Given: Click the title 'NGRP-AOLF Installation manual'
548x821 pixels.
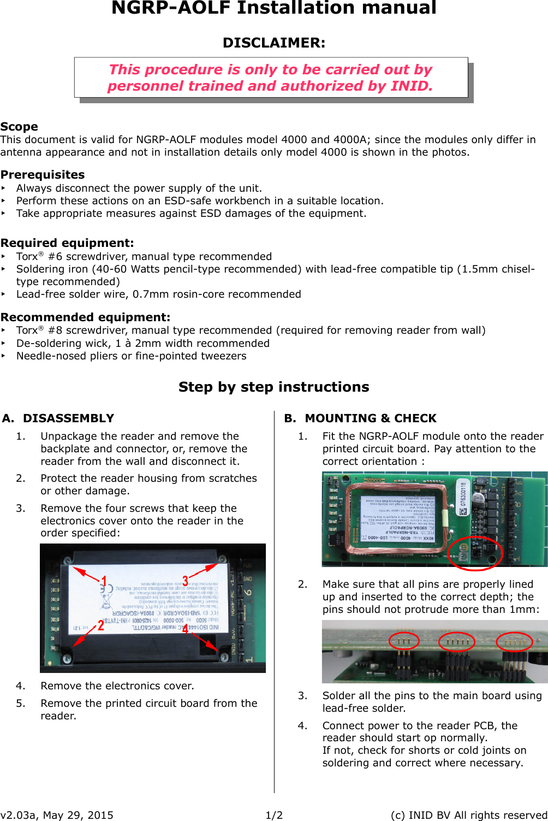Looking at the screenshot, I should tap(273, 9).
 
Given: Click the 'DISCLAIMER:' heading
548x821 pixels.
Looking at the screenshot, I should tap(273, 43).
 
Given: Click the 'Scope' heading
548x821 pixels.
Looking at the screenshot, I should tap(19, 127).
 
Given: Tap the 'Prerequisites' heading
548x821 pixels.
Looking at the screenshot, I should tap(43, 175).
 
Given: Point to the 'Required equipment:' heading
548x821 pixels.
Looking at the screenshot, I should tap(67, 243).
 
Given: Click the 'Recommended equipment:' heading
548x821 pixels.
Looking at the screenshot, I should tap(85, 317).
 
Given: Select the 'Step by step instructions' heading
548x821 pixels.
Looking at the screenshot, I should tap(273, 387).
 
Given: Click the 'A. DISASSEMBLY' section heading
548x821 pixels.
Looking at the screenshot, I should tap(58, 418).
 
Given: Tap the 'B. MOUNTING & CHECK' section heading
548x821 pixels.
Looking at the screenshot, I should tap(360, 418).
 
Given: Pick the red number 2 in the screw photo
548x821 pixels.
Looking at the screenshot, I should tap(100, 625).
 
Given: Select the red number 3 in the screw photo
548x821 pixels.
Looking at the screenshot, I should tap(186, 581).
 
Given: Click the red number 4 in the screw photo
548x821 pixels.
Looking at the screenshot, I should tap(186, 629).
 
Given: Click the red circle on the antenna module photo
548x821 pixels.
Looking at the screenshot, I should tap(474, 553).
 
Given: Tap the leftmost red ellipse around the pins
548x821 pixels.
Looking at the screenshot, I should tap(403, 641).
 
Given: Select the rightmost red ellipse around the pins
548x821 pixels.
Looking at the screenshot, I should tap(514, 641).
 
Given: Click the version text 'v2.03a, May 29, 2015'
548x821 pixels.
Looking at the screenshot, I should tap(57, 815).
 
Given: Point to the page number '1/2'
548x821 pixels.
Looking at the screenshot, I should tap(274, 815).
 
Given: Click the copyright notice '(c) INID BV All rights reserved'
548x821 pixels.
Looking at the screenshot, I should tap(468, 815).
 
